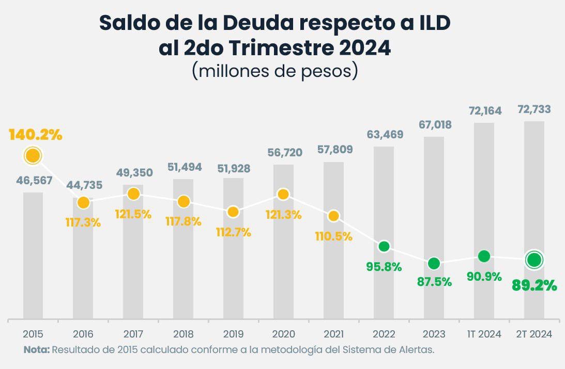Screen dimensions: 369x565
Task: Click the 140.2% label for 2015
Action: pyautogui.click(x=35, y=135)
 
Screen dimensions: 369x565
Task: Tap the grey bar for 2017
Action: pyautogui.click(x=133, y=258)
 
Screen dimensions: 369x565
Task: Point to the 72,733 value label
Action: pyautogui.click(x=534, y=109)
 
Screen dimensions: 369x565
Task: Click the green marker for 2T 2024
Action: pyautogui.click(x=534, y=260)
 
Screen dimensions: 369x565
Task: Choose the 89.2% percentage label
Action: pyautogui.click(x=534, y=285)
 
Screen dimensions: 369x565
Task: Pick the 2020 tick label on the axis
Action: pyautogui.click(x=283, y=334)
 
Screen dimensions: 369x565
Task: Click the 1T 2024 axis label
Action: pyautogui.click(x=484, y=334)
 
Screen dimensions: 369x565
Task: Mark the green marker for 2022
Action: pyautogui.click(x=384, y=246)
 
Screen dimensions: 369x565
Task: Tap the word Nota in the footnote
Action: pyautogui.click(x=37, y=349)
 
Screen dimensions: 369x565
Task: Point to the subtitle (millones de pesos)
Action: pyautogui.click(x=275, y=70)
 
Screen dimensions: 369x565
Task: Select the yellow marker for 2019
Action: pyautogui.click(x=233, y=212)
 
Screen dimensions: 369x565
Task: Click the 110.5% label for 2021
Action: pyautogui.click(x=333, y=236)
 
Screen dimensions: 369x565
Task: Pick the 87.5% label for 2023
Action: pyautogui.click(x=434, y=282)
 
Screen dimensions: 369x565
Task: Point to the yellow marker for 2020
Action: pyautogui.click(x=283, y=194)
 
